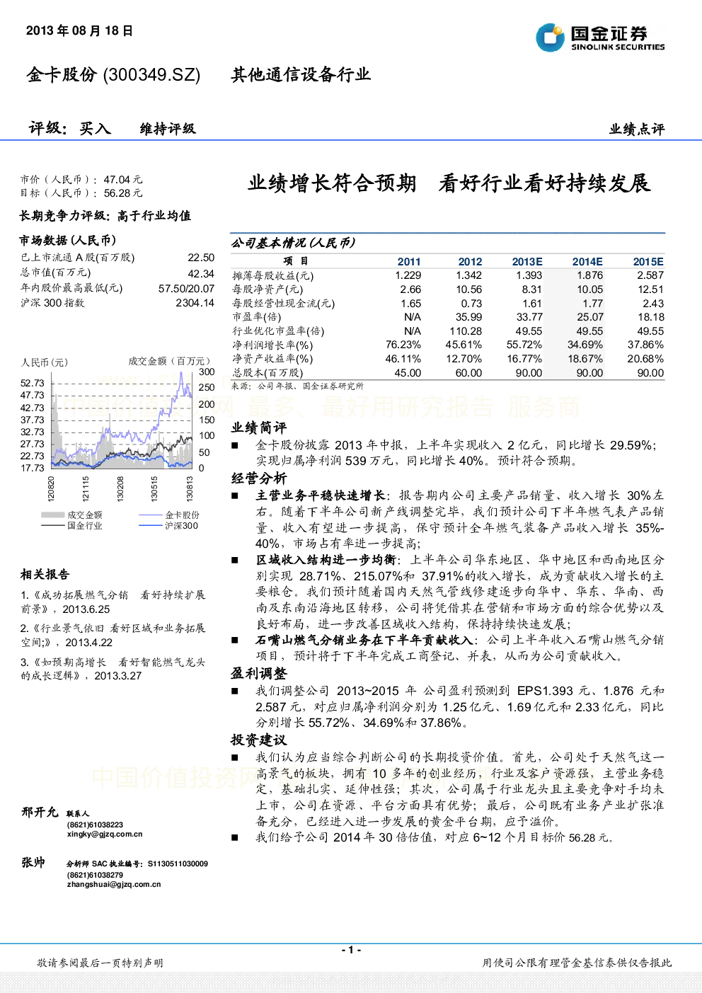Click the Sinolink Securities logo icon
point(550,38)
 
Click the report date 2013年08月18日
point(79,30)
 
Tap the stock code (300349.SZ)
point(151,75)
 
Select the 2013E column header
point(527,262)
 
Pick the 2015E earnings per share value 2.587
point(650,275)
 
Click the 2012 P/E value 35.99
point(469,317)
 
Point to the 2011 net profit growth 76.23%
point(403,345)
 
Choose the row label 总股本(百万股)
point(267,373)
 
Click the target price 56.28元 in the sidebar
point(122,193)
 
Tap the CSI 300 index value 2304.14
point(195,303)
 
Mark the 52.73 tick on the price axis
point(33,383)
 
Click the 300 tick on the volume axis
point(207,372)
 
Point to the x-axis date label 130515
point(154,488)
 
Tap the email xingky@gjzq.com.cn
point(105,834)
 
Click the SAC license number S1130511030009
point(178,863)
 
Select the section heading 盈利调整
point(258,673)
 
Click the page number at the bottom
point(351,950)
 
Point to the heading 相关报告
point(45,575)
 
